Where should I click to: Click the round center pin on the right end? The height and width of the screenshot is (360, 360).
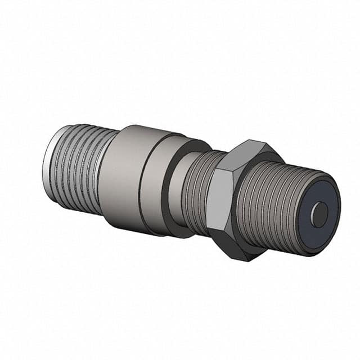point(319,214)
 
